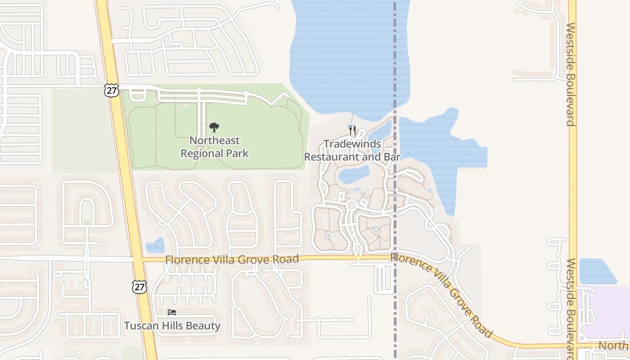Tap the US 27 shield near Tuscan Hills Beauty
139,287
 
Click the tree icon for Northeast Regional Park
214,127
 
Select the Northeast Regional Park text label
215,147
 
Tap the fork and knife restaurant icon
352,131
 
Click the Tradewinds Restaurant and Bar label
352,150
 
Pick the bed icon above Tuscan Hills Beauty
172,312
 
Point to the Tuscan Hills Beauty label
172,325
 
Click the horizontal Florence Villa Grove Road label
232,259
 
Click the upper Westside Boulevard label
571,74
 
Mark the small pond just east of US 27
156,245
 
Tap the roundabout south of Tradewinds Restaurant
352,205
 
